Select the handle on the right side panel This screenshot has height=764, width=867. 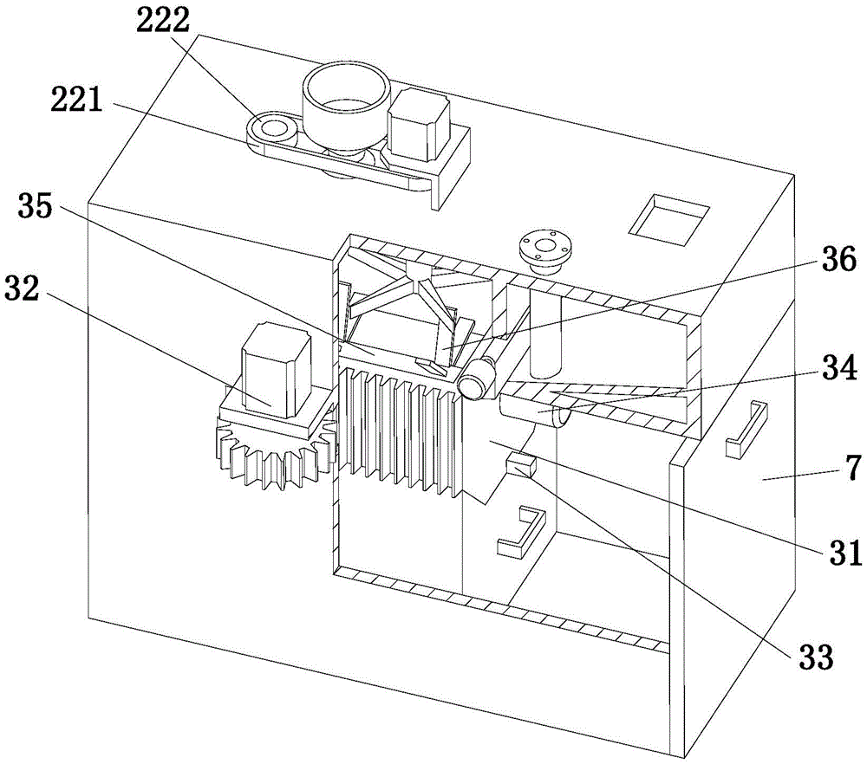pyautogui.click(x=746, y=427)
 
